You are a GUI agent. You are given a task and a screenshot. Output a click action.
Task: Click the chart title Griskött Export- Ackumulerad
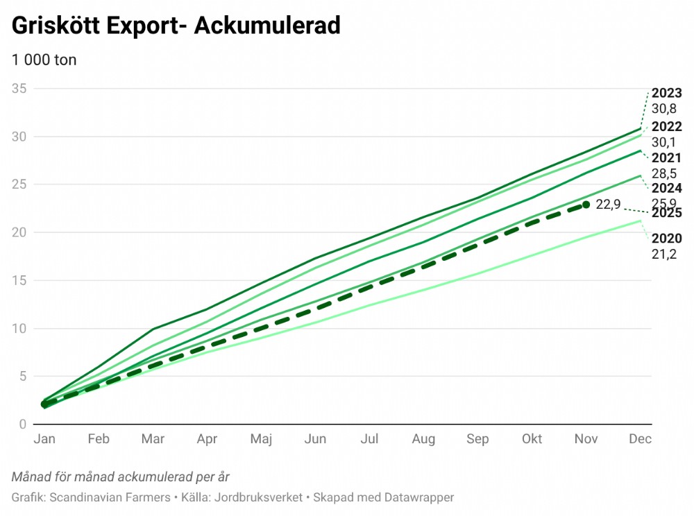(176, 26)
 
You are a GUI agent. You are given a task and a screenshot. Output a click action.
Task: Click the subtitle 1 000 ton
(44, 60)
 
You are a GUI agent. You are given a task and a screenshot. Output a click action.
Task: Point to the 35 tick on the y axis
(19, 89)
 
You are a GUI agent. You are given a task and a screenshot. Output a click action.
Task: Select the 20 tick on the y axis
(19, 232)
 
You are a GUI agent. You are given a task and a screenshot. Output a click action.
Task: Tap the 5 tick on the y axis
(22, 377)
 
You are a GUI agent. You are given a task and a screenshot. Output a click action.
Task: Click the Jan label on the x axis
(44, 439)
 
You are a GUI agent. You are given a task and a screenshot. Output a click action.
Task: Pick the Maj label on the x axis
(261, 439)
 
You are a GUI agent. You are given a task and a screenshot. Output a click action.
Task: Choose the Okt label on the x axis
(532, 439)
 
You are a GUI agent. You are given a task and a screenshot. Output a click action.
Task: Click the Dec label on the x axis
(641, 439)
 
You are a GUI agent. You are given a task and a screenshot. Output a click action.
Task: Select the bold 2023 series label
(666, 94)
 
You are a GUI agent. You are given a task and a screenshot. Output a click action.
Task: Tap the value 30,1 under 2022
(663, 142)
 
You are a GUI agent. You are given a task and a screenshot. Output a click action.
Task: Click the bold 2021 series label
(666, 158)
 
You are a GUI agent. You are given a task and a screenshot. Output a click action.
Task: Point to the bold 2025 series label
(666, 214)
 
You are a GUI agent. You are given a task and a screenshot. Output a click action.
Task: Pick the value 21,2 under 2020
(663, 254)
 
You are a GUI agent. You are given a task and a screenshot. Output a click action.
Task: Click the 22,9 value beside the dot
(607, 204)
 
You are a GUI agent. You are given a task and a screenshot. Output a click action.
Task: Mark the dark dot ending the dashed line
(586, 205)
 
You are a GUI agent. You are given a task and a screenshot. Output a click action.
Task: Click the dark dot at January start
(45, 404)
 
